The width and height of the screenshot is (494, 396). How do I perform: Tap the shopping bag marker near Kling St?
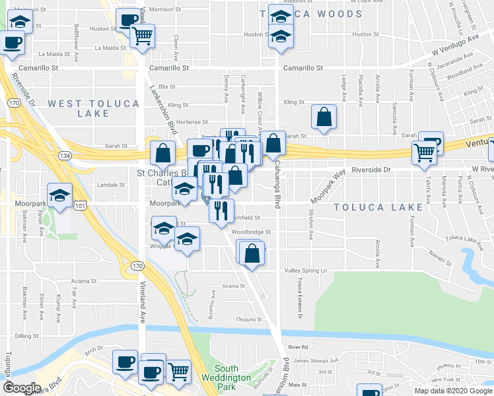click(324, 117)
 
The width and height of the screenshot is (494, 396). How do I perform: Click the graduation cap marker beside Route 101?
click(60, 195)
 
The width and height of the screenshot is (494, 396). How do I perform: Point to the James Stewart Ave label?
click(315, 360)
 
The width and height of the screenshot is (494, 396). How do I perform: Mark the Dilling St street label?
click(27, 336)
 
